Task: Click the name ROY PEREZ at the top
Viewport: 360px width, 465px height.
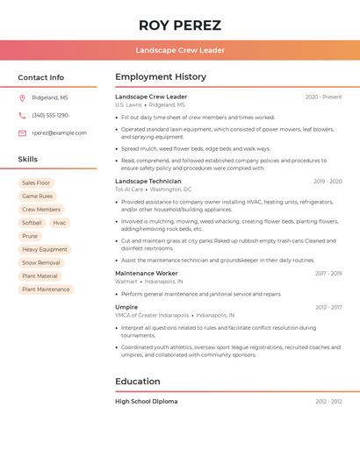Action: click(x=180, y=25)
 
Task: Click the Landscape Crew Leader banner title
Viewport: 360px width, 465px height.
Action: click(x=180, y=50)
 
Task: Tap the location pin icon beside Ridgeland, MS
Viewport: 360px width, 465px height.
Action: click(x=22, y=97)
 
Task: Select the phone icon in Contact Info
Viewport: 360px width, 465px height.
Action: click(x=22, y=115)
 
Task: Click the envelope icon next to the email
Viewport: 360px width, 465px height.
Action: click(x=22, y=132)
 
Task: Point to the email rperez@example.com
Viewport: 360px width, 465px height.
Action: click(x=59, y=132)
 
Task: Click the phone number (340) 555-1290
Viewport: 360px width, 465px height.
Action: click(x=50, y=115)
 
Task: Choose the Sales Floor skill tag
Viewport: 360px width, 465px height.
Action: click(x=36, y=182)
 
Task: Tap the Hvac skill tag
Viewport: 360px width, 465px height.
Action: click(x=60, y=223)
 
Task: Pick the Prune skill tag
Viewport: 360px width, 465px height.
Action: click(x=30, y=236)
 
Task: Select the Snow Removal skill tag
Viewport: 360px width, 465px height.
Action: click(x=41, y=262)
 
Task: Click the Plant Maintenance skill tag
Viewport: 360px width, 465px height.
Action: click(x=46, y=289)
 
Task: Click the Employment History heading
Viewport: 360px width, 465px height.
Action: click(x=161, y=77)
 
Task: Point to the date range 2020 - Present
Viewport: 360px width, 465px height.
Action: click(x=323, y=97)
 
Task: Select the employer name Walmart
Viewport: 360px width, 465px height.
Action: click(x=126, y=282)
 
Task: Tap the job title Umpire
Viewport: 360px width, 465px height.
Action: click(x=126, y=307)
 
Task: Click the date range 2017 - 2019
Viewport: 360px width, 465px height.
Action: click(x=328, y=273)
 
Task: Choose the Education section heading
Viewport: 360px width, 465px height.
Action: click(x=138, y=382)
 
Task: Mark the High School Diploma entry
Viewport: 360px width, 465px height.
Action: click(x=147, y=401)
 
